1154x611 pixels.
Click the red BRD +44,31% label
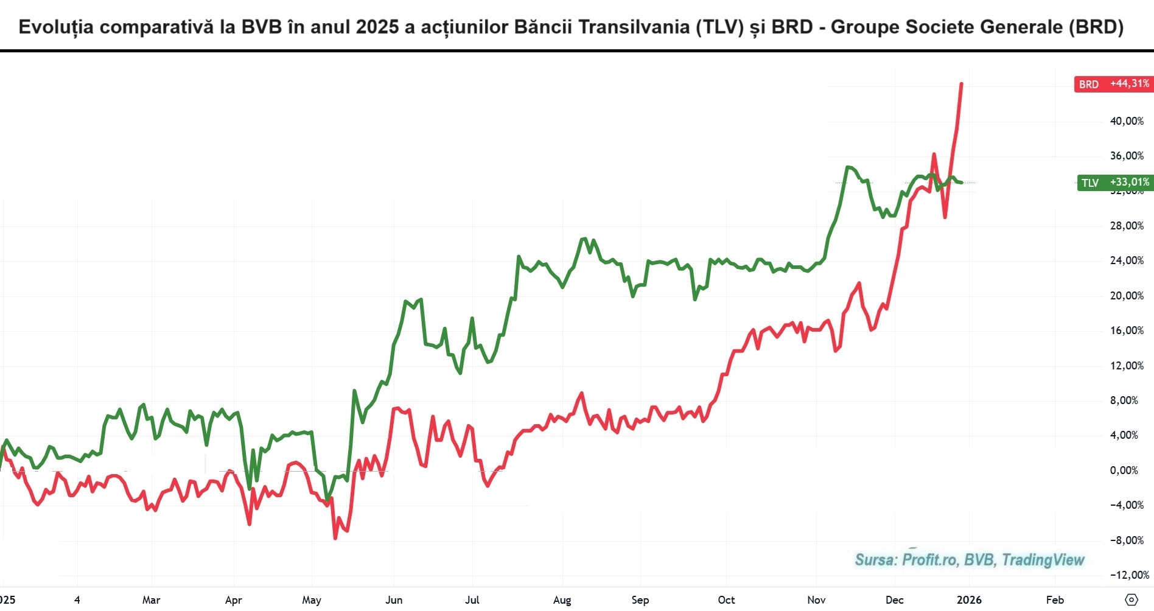tap(1113, 84)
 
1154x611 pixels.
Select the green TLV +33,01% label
tap(1114, 183)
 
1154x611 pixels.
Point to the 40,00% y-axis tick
tap(1127, 121)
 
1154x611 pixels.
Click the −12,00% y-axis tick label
tap(1129, 575)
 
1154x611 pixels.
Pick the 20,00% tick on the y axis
tap(1127, 296)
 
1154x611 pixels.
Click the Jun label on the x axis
tap(394, 600)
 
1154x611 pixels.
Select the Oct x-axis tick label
tap(726, 600)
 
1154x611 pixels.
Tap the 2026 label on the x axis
tap(969, 600)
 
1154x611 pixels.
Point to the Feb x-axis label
tap(1055, 600)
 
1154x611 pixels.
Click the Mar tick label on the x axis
tap(151, 600)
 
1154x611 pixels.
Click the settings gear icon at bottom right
tap(1131, 600)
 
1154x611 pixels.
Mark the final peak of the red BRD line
tap(961, 83)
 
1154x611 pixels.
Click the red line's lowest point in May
tap(335, 538)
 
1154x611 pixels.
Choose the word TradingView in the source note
tap(1043, 560)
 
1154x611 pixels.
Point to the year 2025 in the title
tap(378, 27)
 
